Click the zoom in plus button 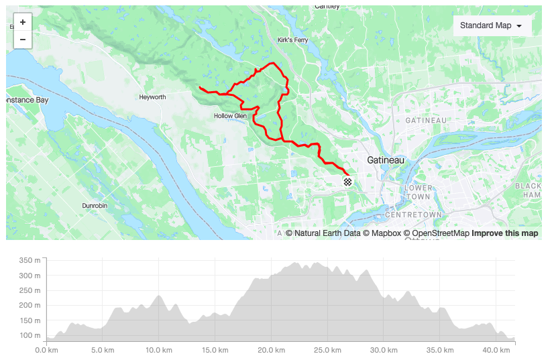pos(23,22)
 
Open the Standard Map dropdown pos(492,25)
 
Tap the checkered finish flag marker pos(347,182)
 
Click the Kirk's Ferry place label pos(293,40)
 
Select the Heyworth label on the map pos(152,97)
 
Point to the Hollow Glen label pos(230,116)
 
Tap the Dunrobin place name pos(95,205)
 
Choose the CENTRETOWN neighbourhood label pos(414,215)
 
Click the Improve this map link pos(504,233)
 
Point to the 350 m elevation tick pos(30,260)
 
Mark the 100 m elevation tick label pos(30,335)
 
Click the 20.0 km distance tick pos(269,350)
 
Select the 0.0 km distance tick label pos(45,350)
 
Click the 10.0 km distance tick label pos(157,350)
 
